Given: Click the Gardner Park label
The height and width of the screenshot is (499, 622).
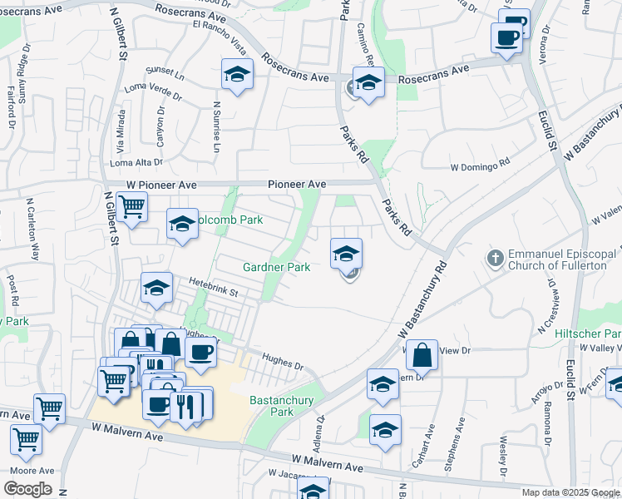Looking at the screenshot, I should (x=276, y=267).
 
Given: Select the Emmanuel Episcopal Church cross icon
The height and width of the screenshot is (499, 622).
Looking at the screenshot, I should (x=496, y=258).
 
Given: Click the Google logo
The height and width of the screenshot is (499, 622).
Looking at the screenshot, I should (x=28, y=489).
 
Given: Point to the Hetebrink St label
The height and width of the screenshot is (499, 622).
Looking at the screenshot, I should (x=212, y=292).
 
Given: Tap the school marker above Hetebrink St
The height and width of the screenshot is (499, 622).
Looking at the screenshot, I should (x=156, y=288).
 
